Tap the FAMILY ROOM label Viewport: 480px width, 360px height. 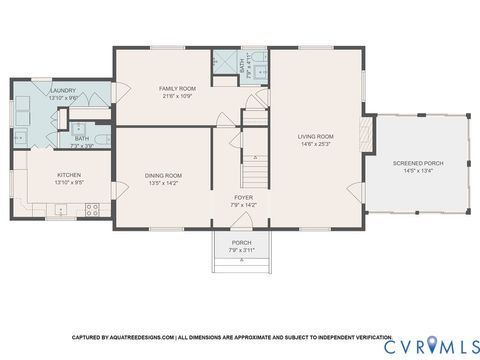pyautogui.click(x=178, y=89)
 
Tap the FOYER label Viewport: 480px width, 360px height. pyautogui.click(x=245, y=198)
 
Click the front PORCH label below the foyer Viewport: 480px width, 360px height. pyautogui.click(x=242, y=242)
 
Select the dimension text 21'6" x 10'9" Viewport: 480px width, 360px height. pyautogui.click(x=178, y=96)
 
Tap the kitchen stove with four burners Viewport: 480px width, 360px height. pyautogui.click(x=93, y=210)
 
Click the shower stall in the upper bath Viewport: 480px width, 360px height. pyautogui.click(x=222, y=69)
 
